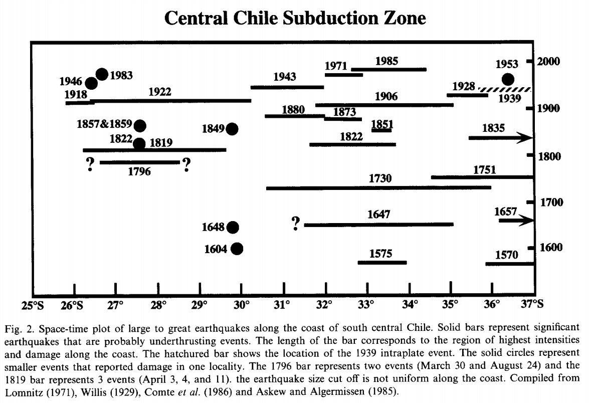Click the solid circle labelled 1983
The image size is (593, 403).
point(102,74)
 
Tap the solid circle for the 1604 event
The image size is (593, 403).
point(237,248)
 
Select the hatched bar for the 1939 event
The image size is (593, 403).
point(505,90)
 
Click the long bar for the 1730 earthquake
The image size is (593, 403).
point(378,188)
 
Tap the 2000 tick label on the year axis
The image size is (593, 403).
point(549,61)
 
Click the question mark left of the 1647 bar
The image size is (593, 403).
point(296,223)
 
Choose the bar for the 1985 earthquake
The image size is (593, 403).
point(389,69)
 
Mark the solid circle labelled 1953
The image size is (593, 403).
point(508,79)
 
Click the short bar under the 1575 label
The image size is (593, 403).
point(382,262)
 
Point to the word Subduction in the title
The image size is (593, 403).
point(320,18)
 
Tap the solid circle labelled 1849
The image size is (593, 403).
point(232,128)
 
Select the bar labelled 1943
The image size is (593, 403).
point(287,87)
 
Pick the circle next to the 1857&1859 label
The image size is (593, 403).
point(140,125)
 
